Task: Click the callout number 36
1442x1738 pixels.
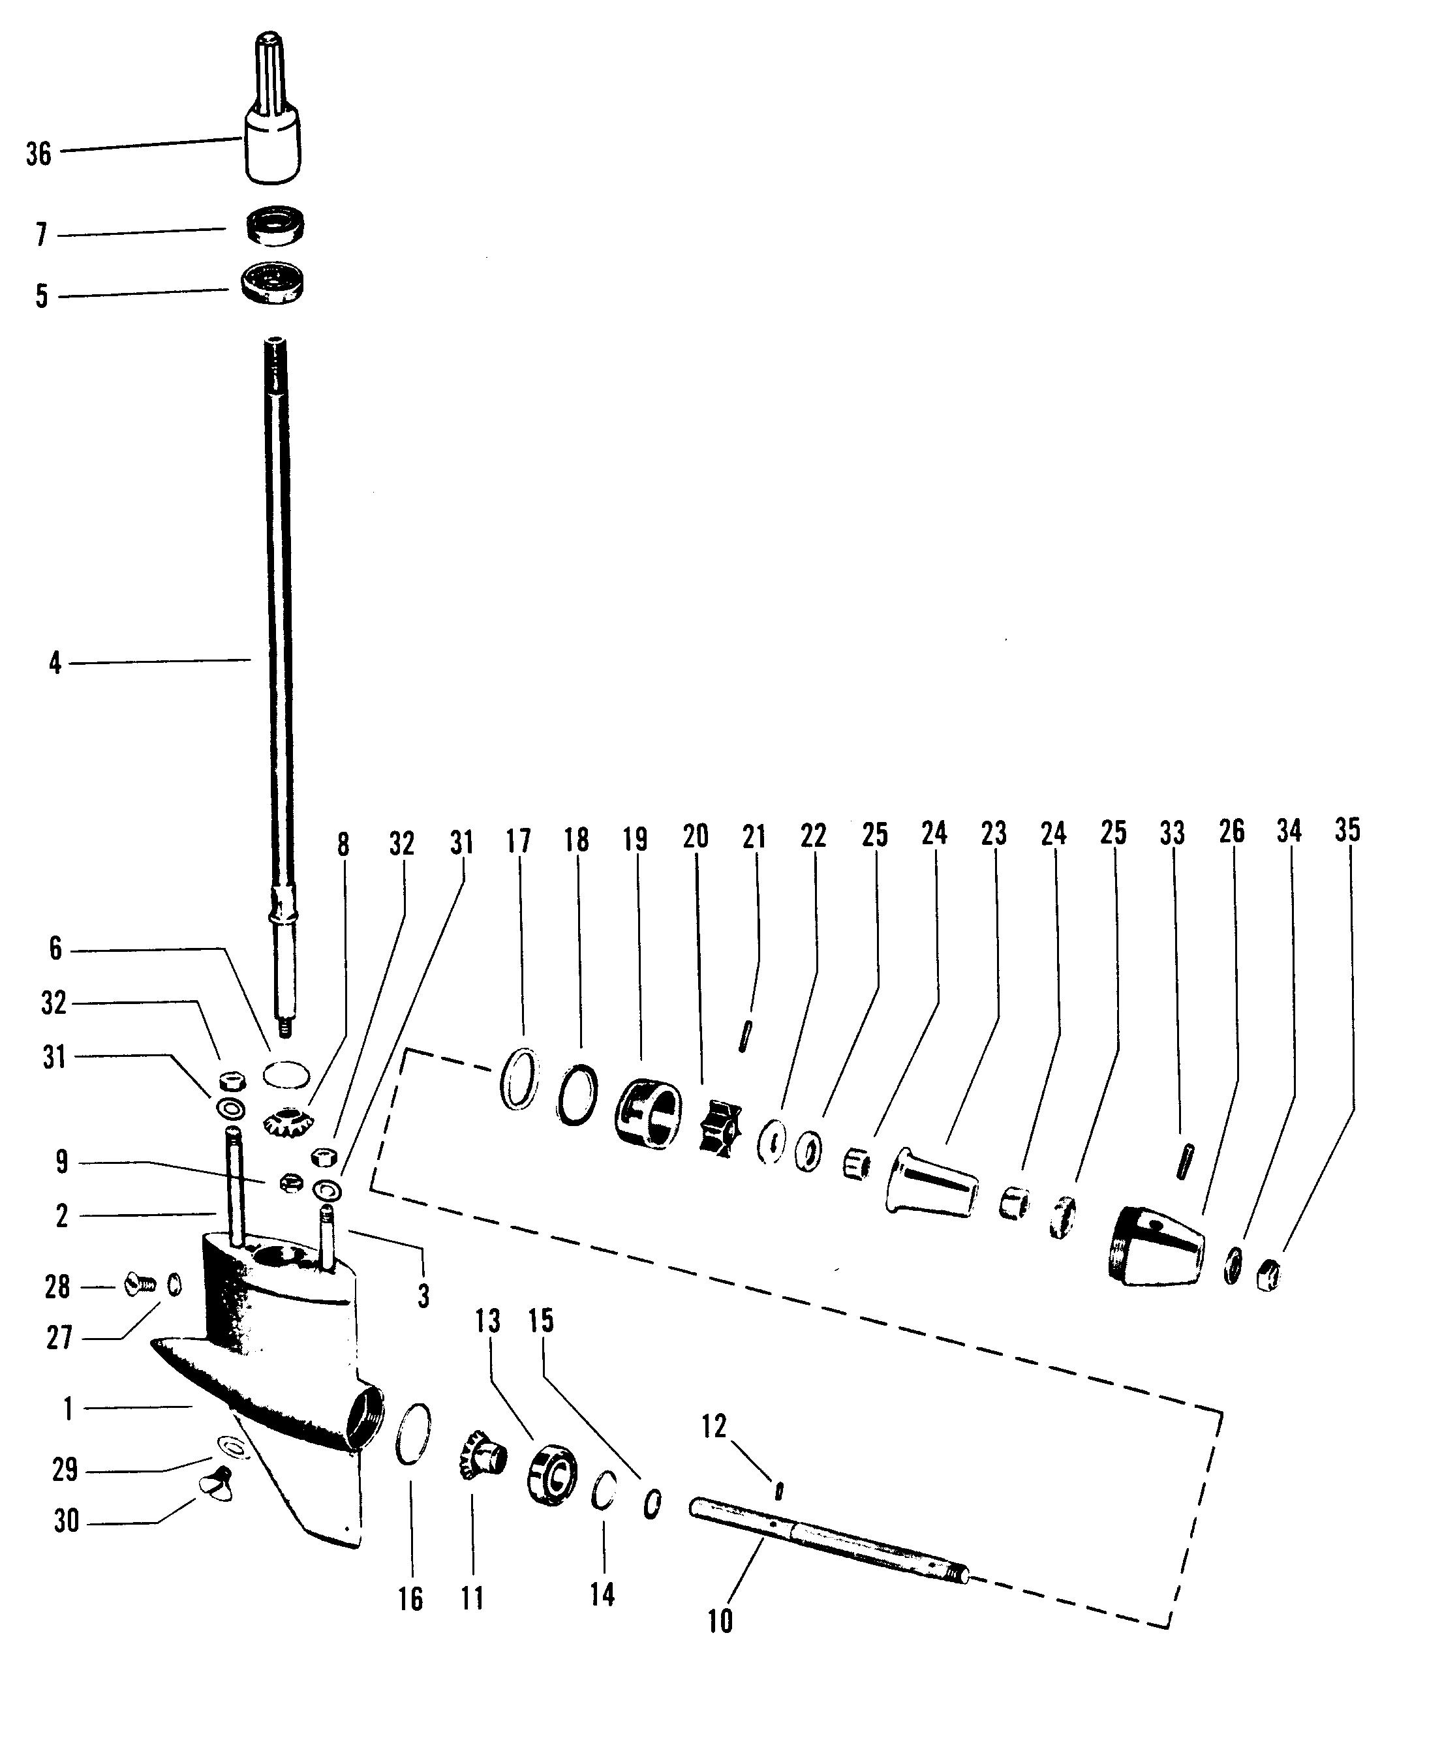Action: click(x=38, y=154)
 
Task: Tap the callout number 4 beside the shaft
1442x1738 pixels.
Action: click(x=55, y=663)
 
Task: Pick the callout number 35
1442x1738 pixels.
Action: click(x=1347, y=830)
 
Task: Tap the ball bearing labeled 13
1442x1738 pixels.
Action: click(x=552, y=1471)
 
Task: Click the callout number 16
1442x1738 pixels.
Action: click(x=410, y=1599)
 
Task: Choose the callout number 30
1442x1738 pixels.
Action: click(x=66, y=1520)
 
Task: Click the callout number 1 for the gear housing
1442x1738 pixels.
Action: click(x=68, y=1408)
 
